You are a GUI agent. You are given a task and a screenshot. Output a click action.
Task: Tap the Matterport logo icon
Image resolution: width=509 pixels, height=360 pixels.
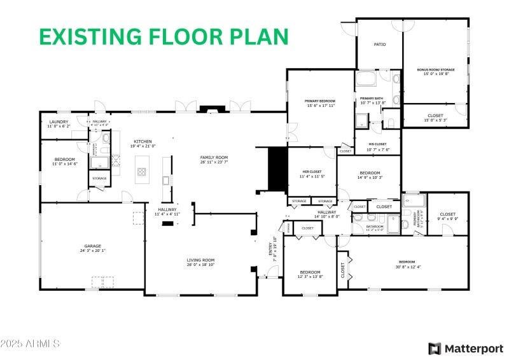(x=435, y=348)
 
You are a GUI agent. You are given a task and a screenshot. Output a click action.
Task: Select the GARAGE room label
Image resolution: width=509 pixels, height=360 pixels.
(x=93, y=246)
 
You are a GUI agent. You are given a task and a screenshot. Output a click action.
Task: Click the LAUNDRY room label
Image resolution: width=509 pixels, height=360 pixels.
(x=59, y=121)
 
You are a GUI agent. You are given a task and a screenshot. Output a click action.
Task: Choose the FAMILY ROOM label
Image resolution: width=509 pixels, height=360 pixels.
(x=214, y=157)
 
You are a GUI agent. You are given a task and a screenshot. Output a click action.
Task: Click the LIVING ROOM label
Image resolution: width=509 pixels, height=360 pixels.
(x=200, y=260)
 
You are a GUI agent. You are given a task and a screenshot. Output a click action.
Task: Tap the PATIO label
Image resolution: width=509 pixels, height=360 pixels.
(x=380, y=45)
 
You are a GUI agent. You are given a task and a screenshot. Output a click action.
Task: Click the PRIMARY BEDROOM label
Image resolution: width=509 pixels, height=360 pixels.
(x=320, y=101)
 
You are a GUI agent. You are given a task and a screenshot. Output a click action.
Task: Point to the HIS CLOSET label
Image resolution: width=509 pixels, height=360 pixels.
(x=378, y=144)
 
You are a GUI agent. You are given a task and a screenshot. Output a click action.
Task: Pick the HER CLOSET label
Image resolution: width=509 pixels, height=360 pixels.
(x=312, y=172)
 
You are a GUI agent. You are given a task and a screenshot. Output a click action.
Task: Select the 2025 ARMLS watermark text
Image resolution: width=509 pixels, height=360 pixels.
(x=30, y=343)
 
